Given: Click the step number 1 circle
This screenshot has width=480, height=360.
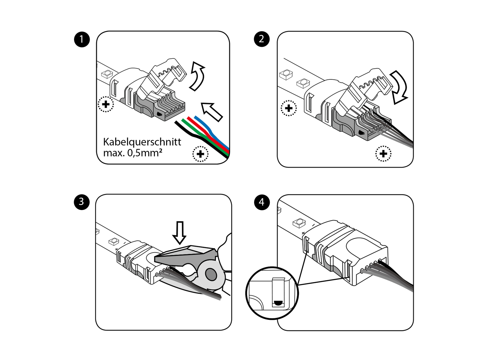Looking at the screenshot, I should pos(82,39).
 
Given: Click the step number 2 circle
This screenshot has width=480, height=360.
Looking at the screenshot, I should pos(262,39).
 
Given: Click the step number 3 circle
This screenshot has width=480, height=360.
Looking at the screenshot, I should pos(82,202).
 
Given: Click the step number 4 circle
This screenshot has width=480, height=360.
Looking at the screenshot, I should pos(262,202).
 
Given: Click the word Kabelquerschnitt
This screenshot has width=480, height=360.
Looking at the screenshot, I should pos(142,142).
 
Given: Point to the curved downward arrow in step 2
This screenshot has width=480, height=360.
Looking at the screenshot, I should pos(399,87).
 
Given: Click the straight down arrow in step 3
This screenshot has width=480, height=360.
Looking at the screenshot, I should pos(180,233).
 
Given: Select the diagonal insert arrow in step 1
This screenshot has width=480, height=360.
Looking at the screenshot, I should pos(212,111).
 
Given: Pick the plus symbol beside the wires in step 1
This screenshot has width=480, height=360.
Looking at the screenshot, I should pos(200,154).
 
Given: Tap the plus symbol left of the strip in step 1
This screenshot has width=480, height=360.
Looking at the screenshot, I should pos(106,104).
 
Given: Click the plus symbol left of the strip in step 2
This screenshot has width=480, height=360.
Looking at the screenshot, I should pos(289,108).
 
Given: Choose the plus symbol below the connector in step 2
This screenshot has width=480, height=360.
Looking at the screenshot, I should pos(383,154).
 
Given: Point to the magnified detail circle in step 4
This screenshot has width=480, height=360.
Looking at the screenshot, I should pos(272,293).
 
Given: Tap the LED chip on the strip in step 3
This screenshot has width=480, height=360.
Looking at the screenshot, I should pos(114,241).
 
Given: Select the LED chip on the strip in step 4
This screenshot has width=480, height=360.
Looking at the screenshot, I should pos(299,223).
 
